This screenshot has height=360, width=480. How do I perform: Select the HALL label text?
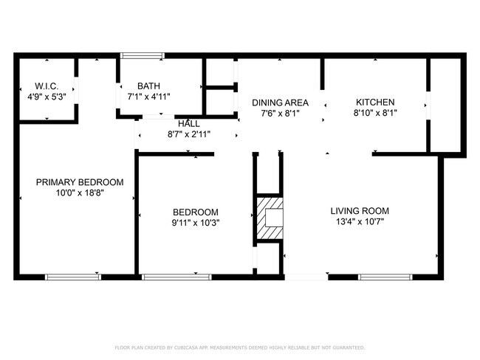pos(188,124)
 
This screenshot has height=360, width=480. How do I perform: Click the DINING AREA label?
pos(280,103)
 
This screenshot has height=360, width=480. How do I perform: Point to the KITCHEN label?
pos(375,103)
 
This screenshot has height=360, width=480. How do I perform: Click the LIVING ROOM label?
pos(359,211)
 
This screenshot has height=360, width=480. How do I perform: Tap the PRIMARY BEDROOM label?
pos(80,182)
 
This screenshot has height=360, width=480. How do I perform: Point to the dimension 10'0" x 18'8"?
pos(80,193)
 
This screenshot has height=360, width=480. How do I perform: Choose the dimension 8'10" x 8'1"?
pos(376,114)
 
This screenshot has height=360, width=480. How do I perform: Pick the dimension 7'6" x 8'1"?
pos(280,114)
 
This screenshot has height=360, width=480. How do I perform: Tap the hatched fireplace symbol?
pos(270,219)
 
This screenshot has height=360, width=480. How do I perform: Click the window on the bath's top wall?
pos(143,55)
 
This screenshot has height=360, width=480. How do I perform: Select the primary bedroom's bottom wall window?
pos(73,277)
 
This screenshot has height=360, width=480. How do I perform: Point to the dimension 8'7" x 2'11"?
pos(188,135)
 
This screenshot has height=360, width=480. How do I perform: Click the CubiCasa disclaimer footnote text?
pos(239,347)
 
